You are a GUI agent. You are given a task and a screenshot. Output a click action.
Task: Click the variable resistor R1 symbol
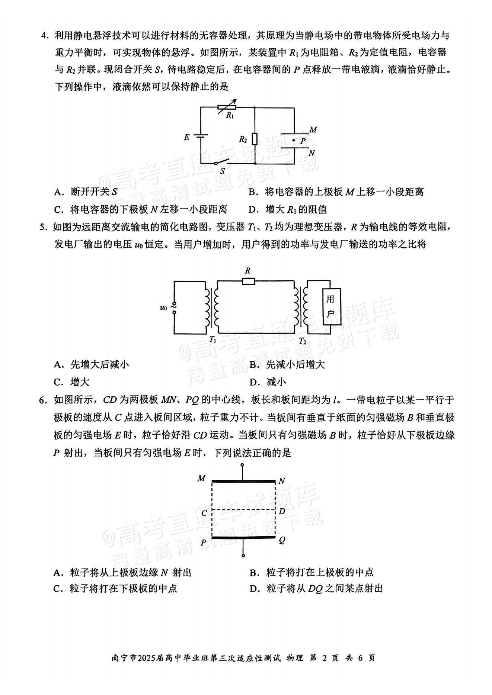pos(227,107)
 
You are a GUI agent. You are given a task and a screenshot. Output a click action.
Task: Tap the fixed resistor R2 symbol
pos(255,139)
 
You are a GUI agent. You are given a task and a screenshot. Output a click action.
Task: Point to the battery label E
pos(187,138)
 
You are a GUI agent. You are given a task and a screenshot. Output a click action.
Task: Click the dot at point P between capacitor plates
pos(293,140)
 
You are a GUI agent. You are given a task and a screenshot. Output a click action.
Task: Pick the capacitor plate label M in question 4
pos(313,130)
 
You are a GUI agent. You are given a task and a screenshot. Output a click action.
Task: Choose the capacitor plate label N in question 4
pos(312,153)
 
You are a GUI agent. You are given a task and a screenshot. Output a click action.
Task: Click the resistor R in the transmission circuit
pos(248,281)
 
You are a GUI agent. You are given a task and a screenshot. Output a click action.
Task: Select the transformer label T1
pos(213,340)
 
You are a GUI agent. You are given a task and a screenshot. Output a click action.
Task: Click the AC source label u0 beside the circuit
pos(163,307)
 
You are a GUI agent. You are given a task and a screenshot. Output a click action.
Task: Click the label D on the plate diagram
pos(282,511)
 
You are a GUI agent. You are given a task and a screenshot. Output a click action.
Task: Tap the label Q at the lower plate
pos(282,540)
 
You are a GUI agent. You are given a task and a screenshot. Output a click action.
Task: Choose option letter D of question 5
pos(255,382)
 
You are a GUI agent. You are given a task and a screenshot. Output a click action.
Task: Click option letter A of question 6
pos(57,572)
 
